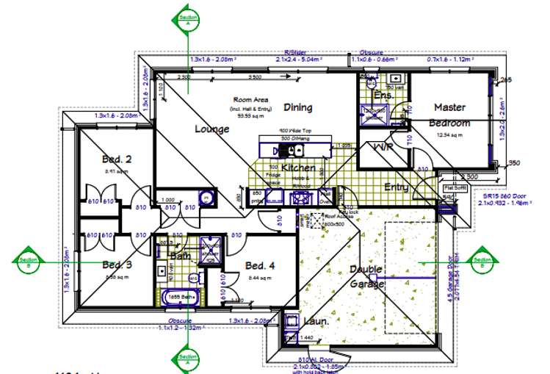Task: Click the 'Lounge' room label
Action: tap(212, 129)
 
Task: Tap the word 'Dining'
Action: tap(298, 107)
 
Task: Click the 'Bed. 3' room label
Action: tap(117, 265)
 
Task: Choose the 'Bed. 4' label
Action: tap(259, 265)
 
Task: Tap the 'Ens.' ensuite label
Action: tap(383, 96)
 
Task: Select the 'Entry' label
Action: tap(397, 187)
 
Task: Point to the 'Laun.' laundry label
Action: tap(316, 320)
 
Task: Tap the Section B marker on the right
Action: tap(482, 259)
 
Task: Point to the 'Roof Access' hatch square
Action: tap(317, 220)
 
